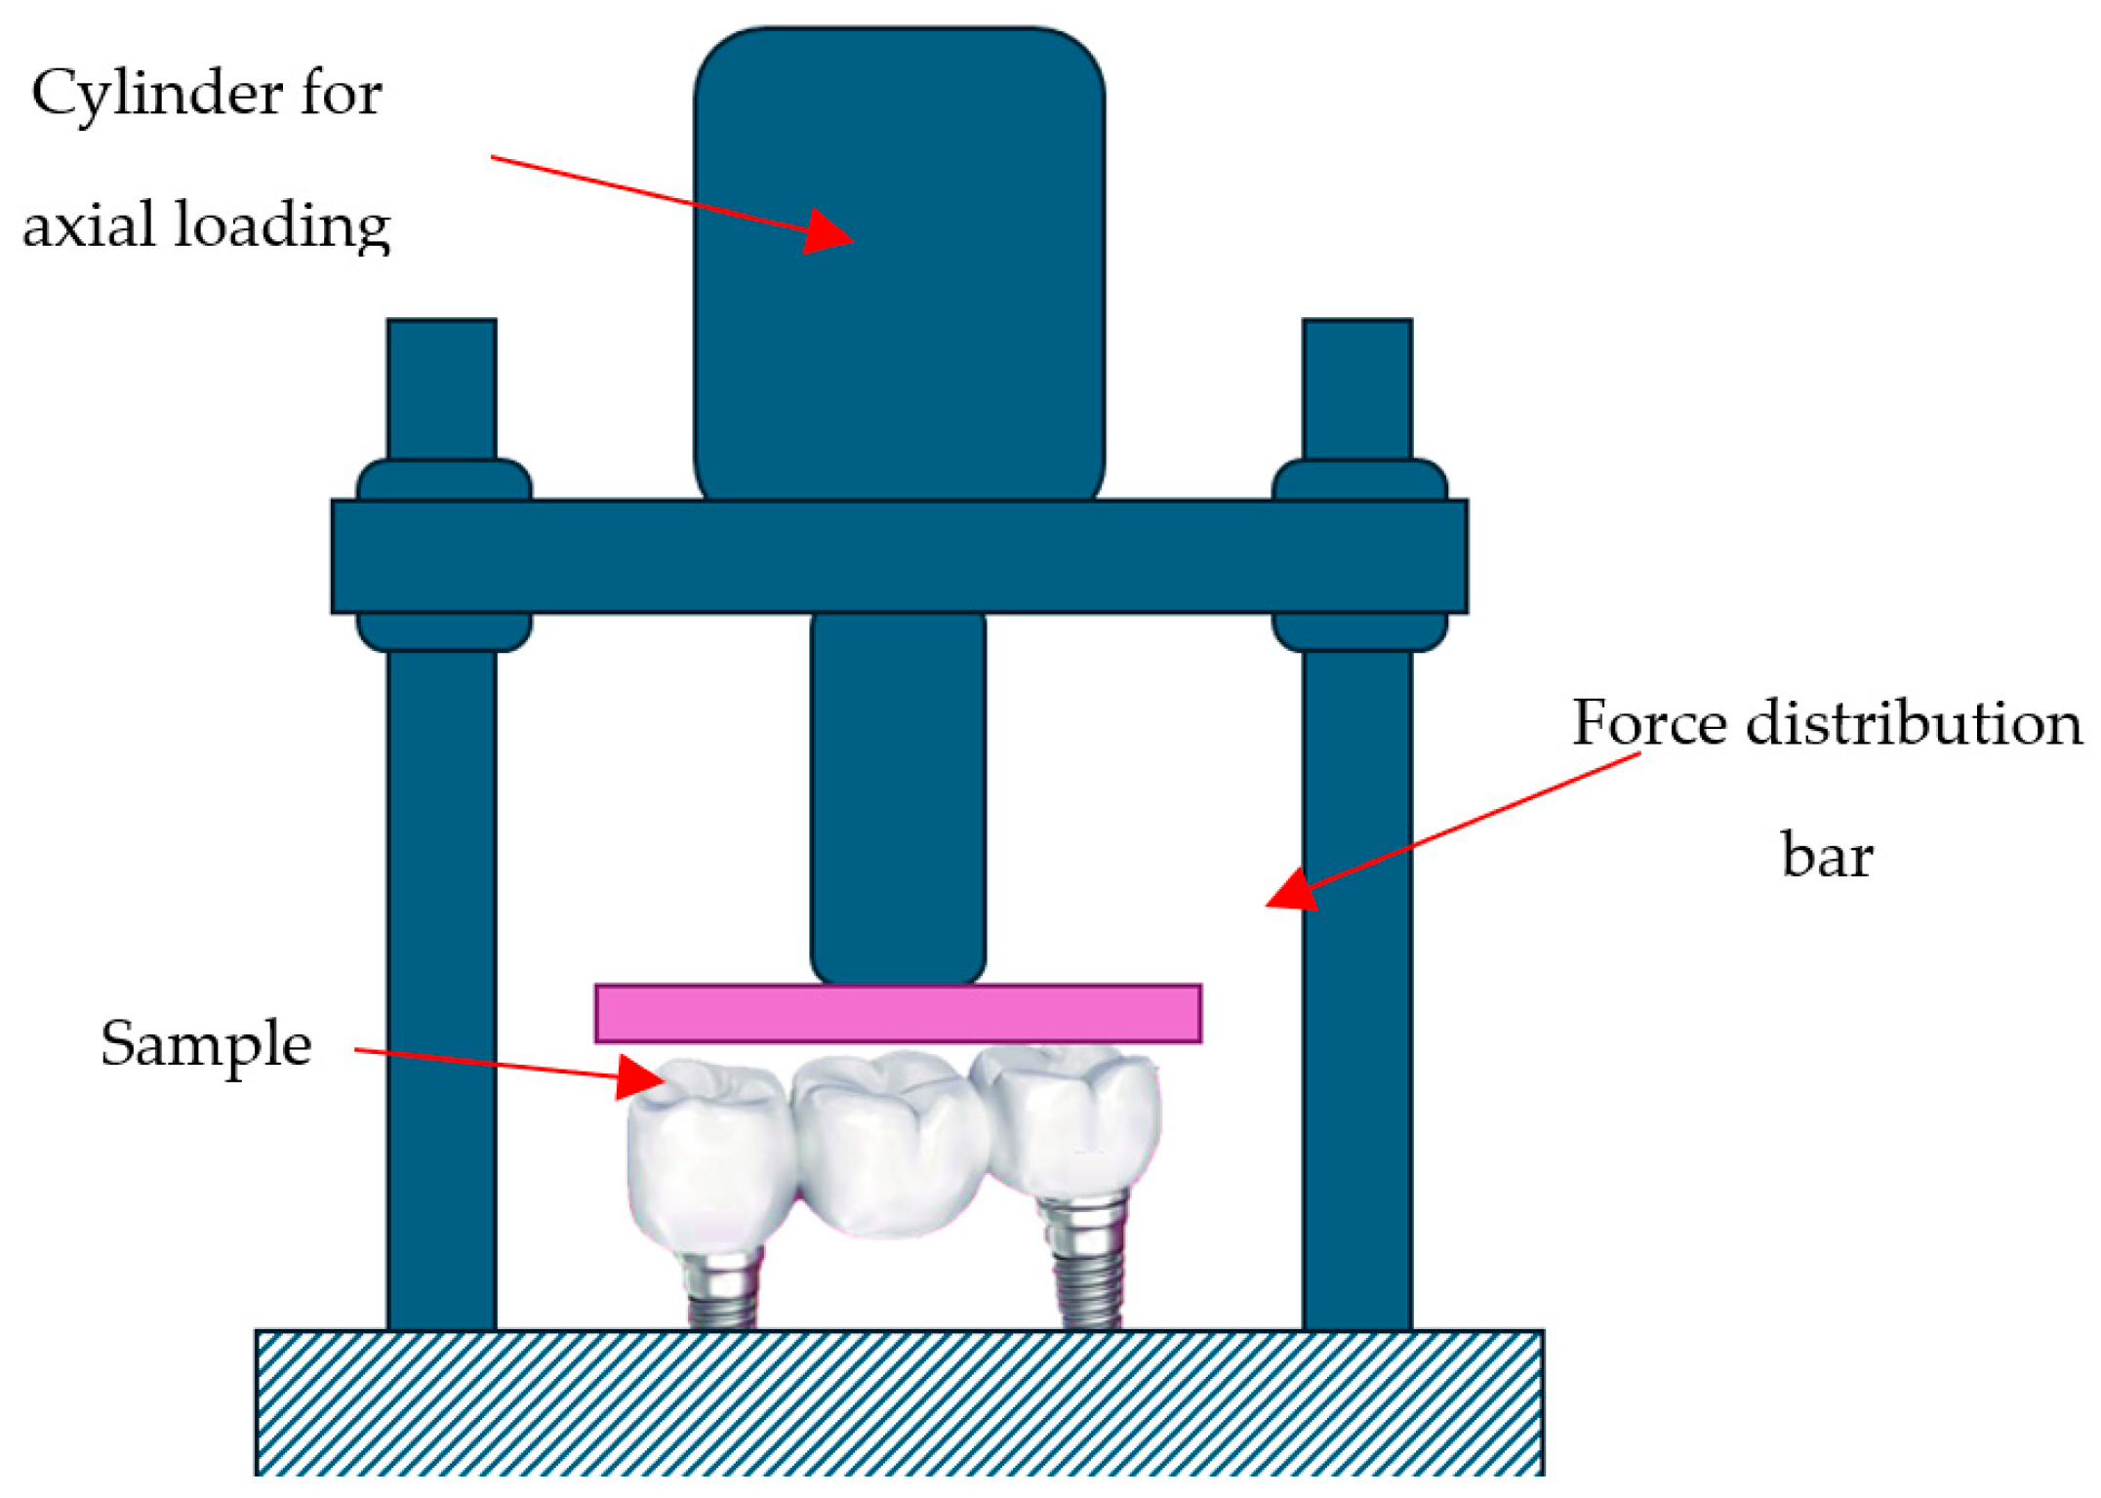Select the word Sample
coord(206,1044)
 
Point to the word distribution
coord(1914,724)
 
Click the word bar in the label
coord(1827,856)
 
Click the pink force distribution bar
coord(898,1013)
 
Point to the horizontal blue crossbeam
coord(898,556)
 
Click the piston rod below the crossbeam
coord(898,790)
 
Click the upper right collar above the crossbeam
coord(1358,479)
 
